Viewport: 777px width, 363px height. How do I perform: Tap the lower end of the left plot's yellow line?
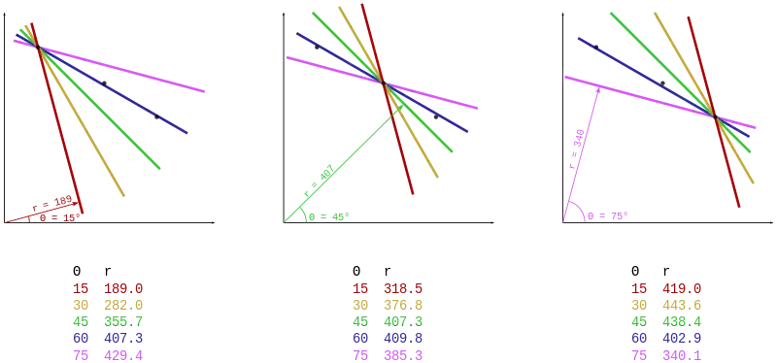point(127,198)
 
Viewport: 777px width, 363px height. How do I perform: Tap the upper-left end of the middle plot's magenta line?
point(288,58)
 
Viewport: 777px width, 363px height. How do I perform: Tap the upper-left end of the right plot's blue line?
point(577,40)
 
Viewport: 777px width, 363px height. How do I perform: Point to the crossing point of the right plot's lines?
point(716,117)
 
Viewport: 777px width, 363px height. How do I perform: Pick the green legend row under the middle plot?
point(388,322)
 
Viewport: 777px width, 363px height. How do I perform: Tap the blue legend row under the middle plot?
point(388,339)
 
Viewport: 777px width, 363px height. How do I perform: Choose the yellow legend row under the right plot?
point(668,305)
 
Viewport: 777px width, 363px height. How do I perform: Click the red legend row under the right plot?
point(668,288)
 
